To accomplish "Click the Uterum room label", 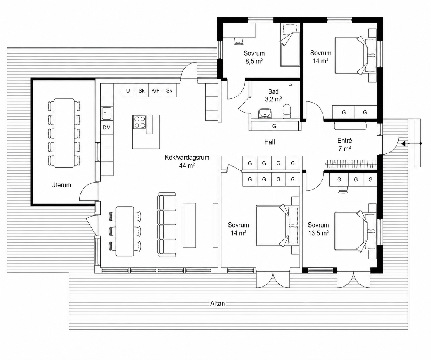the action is (61, 185).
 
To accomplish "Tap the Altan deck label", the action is (217, 304).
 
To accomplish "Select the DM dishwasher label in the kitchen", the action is (107, 128).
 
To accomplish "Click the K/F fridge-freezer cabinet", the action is (155, 90).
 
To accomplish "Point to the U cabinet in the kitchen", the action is (128, 90).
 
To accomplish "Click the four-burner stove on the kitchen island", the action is (139, 122).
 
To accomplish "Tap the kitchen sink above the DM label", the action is (107, 113).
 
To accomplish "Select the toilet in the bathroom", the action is (287, 111).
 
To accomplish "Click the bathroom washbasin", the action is (265, 113).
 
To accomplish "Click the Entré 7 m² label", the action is (345, 145).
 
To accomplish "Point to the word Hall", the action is (269, 142).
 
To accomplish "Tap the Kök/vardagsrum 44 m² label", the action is (187, 161).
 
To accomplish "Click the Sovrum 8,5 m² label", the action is (254, 57).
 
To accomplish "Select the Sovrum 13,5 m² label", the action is (318, 229).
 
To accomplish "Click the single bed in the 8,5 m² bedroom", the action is (290, 45).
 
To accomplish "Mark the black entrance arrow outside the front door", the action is (404, 143).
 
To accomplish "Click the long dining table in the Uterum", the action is (64, 133).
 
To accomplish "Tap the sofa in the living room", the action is (166, 225).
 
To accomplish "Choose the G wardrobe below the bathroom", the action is (274, 126).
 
